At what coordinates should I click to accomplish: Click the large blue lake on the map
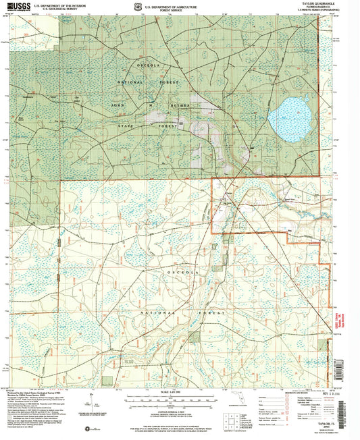coord(288,115)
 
